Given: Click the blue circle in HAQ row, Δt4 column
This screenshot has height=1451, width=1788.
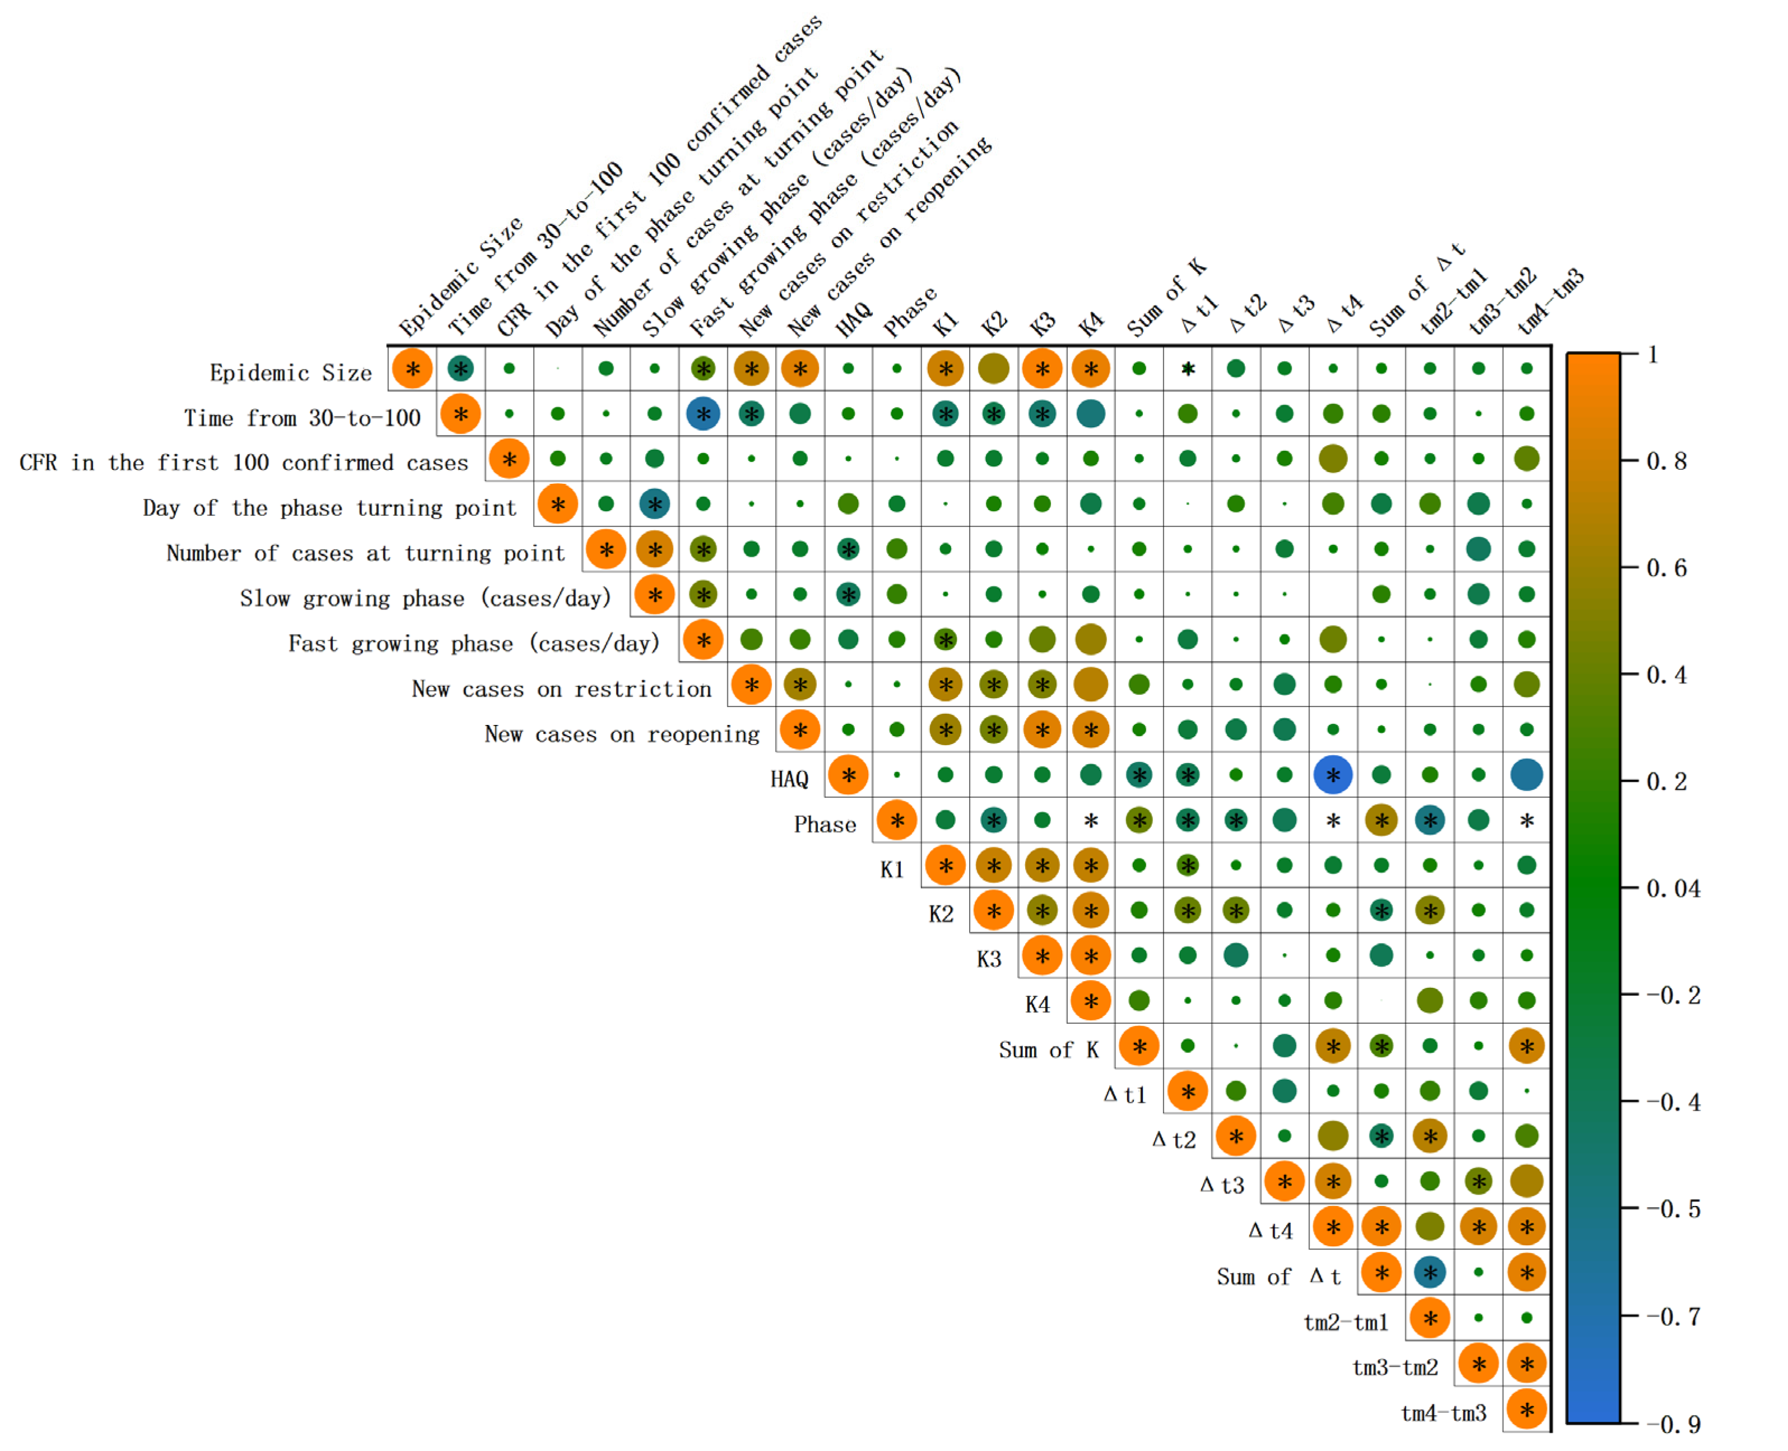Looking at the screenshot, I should (1333, 775).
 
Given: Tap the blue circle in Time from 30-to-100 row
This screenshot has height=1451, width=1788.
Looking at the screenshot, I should (703, 414).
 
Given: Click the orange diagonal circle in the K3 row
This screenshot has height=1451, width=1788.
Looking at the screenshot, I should (1041, 956).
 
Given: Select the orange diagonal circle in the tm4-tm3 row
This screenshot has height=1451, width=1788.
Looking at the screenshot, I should (1526, 1411).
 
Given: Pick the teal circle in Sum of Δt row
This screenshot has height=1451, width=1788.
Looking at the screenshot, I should (1430, 1273).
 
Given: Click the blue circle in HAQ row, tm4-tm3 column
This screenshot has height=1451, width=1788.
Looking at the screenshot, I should (1526, 775).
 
